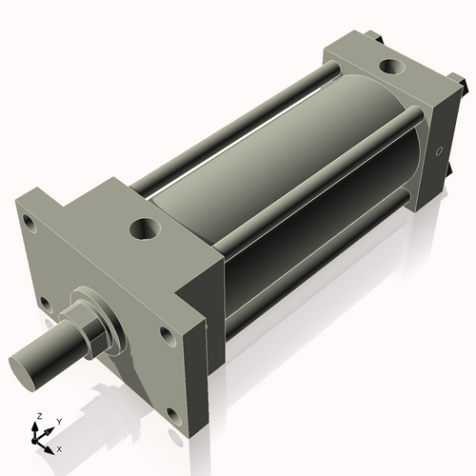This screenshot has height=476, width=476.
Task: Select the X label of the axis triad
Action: click(59, 447)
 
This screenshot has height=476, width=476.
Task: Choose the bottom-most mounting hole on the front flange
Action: click(171, 415)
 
